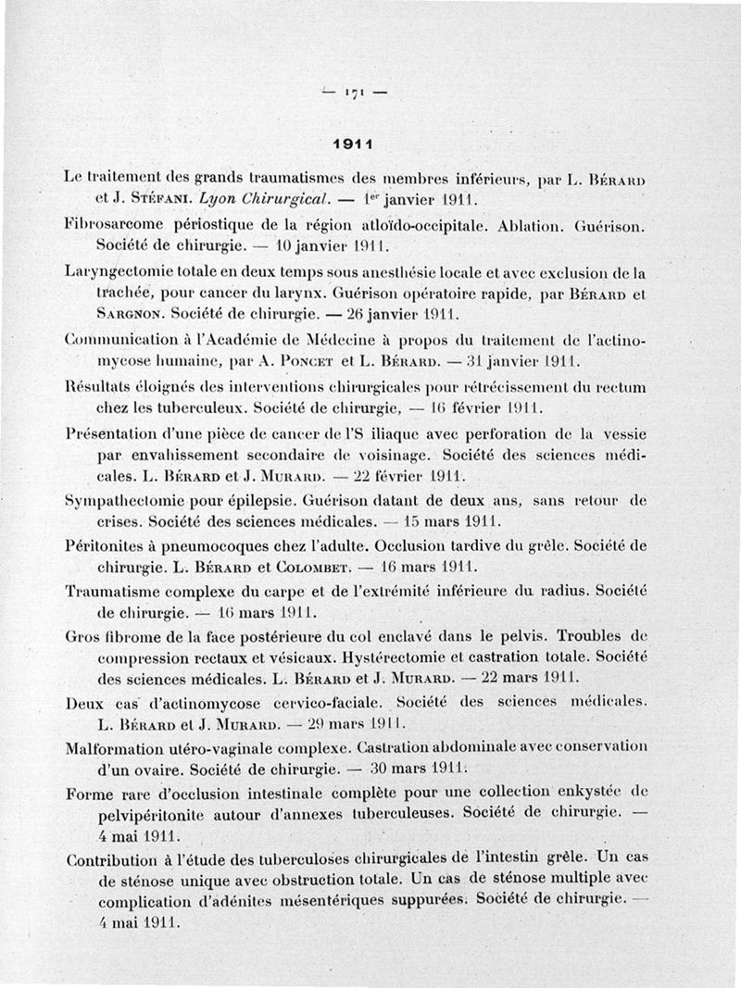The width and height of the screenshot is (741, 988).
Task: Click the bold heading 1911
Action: (352, 144)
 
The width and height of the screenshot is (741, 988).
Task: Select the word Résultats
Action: (98, 385)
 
